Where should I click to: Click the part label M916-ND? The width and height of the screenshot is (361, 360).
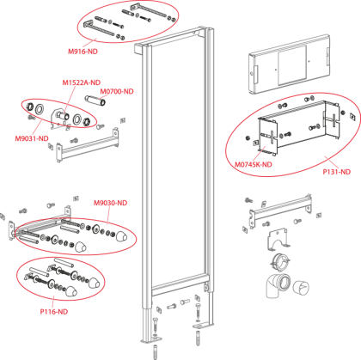click(83, 52)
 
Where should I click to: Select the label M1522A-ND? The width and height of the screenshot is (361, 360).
click(82, 82)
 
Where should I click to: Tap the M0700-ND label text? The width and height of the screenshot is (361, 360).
click(117, 91)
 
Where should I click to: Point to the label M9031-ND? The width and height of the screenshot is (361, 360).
click(32, 138)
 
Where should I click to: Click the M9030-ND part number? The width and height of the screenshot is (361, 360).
click(110, 203)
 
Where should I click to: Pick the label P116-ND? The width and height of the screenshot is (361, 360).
click(54, 312)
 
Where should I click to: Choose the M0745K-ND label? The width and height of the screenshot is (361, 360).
click(254, 165)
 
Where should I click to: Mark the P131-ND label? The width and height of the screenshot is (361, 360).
click(337, 172)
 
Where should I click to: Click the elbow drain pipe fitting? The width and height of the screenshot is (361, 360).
click(278, 285)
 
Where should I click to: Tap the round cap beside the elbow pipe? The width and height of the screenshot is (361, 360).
click(301, 287)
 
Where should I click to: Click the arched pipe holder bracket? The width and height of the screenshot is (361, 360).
click(278, 240)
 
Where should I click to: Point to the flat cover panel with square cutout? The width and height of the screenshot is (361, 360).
click(290, 64)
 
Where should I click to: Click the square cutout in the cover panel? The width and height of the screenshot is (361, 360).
click(292, 65)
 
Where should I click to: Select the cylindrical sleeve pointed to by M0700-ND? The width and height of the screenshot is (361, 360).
click(96, 101)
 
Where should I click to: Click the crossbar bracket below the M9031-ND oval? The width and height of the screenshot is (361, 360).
click(88, 145)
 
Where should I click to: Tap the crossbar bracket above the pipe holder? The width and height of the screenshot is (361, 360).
click(280, 211)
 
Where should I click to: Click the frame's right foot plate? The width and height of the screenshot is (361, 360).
click(203, 325)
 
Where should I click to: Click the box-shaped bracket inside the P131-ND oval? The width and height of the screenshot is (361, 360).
click(299, 127)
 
